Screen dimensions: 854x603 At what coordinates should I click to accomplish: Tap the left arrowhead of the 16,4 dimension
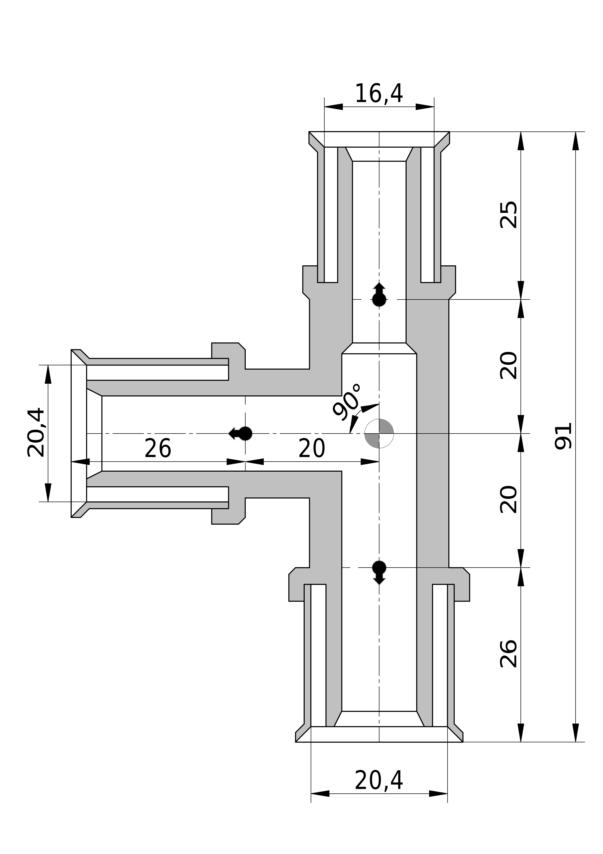click(334, 107)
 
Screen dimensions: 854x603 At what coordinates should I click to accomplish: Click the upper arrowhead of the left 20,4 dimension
click(48, 375)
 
